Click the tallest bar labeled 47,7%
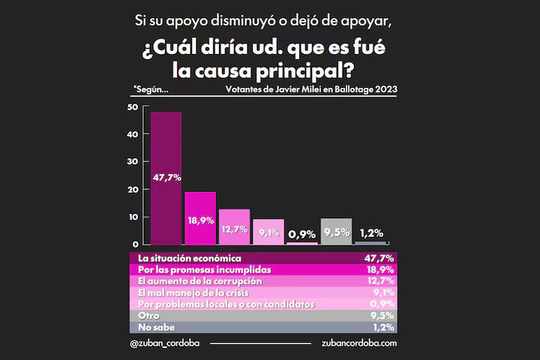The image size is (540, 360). (166, 178)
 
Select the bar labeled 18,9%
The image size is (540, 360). (200, 217)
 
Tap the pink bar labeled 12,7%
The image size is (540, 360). (234, 226)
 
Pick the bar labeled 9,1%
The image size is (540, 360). (268, 231)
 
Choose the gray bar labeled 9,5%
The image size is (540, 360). (336, 231)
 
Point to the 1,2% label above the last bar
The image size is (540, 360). (370, 232)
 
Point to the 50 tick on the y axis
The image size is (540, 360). (133, 107)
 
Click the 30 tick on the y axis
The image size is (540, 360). (133, 162)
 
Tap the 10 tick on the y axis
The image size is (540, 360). (133, 217)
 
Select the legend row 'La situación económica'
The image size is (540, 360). (262, 258)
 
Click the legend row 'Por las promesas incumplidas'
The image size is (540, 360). (262, 269)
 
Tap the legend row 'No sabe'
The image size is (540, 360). (262, 327)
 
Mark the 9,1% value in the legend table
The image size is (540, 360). (384, 292)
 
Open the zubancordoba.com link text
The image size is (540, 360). (358, 343)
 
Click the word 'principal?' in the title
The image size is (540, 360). (298, 73)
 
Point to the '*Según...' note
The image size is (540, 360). (150, 89)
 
